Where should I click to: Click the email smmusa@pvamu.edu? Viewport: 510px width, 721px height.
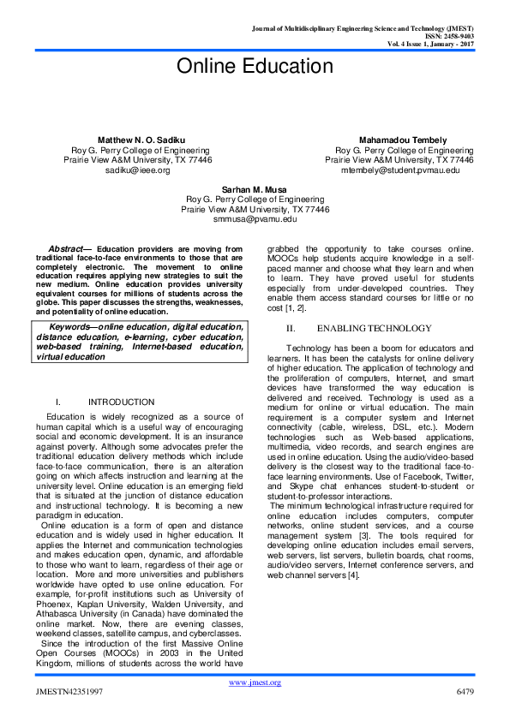pyautogui.click(x=255, y=219)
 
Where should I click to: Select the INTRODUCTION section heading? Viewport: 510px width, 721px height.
pyautogui.click(x=121, y=402)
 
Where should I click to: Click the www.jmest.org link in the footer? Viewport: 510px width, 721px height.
pyautogui.click(x=255, y=682)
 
